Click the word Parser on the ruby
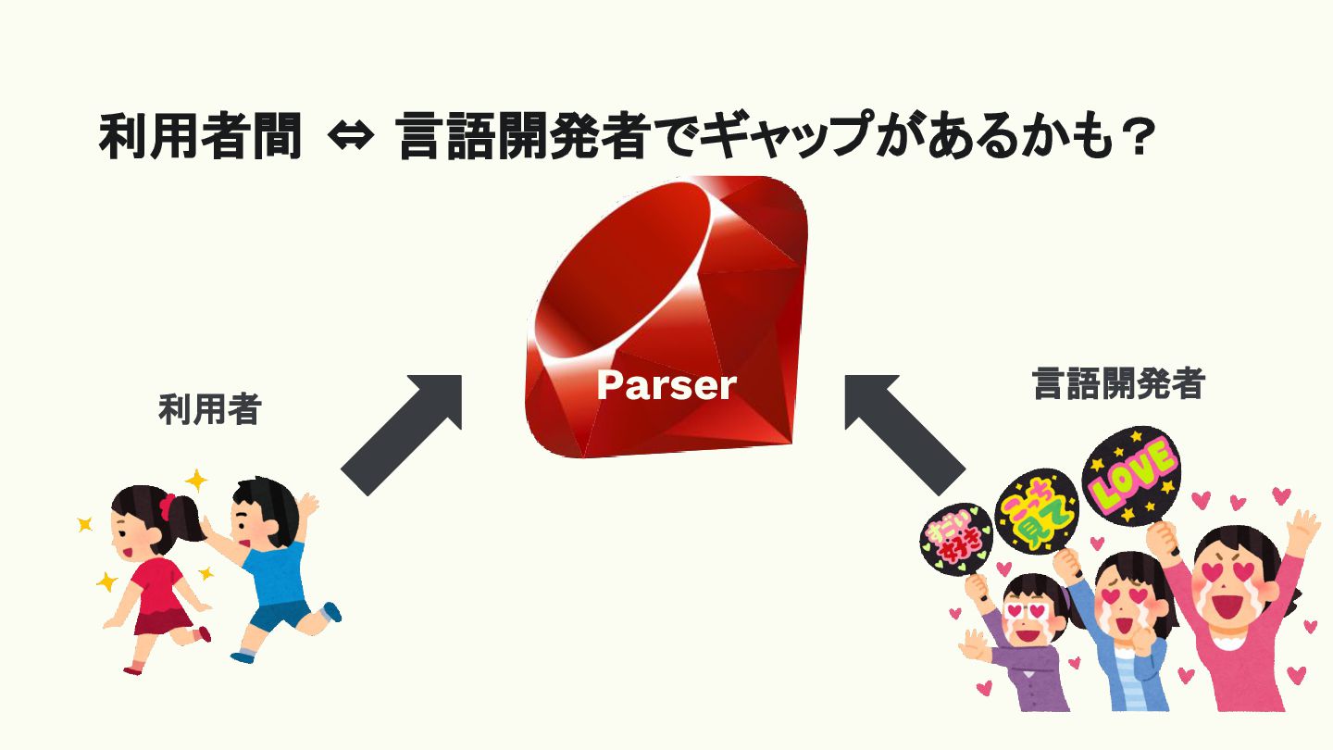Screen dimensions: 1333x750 666,384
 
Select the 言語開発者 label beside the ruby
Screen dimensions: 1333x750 1118,383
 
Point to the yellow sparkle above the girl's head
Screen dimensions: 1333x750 195,481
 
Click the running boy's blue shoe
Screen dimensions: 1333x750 331,611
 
